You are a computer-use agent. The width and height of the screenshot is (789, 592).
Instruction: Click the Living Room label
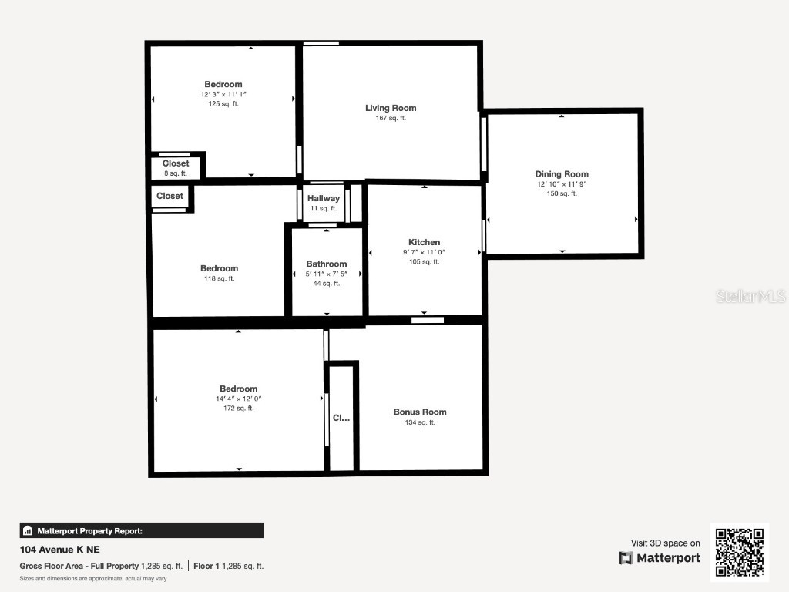click(x=391, y=108)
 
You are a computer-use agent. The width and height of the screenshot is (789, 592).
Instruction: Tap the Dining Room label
click(x=562, y=174)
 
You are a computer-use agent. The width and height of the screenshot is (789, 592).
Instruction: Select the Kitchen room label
click(x=425, y=242)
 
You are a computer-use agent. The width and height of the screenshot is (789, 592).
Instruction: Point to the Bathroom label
click(x=327, y=264)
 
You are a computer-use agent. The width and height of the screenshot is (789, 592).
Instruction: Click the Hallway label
click(x=324, y=198)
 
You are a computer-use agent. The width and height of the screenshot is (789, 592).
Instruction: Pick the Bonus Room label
click(x=420, y=412)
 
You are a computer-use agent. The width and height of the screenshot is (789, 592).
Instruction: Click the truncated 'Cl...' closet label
click(x=341, y=418)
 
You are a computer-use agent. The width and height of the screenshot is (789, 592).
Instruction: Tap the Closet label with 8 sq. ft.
click(x=176, y=163)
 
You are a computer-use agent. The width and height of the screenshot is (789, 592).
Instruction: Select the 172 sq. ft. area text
click(x=238, y=409)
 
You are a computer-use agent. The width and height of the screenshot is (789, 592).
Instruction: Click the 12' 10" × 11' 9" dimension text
click(x=562, y=184)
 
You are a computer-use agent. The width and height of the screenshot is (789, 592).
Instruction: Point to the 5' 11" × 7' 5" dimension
click(x=327, y=274)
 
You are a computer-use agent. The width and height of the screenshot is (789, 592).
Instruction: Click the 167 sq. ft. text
click(x=391, y=118)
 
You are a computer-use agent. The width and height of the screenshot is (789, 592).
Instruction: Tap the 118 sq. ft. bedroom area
click(x=220, y=278)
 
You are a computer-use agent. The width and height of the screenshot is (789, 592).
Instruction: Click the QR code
click(x=739, y=551)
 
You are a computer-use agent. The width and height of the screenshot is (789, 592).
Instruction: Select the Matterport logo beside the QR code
click(x=660, y=558)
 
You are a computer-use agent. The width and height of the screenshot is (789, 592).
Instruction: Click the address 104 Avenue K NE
click(x=59, y=550)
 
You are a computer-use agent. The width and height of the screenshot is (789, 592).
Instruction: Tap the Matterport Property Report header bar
click(x=141, y=530)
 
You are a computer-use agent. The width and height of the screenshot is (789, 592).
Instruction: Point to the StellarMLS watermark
click(x=750, y=296)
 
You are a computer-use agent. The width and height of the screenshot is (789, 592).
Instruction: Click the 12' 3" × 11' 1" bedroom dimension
click(x=223, y=94)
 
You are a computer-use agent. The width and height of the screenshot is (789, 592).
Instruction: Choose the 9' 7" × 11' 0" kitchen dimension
click(x=425, y=252)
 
